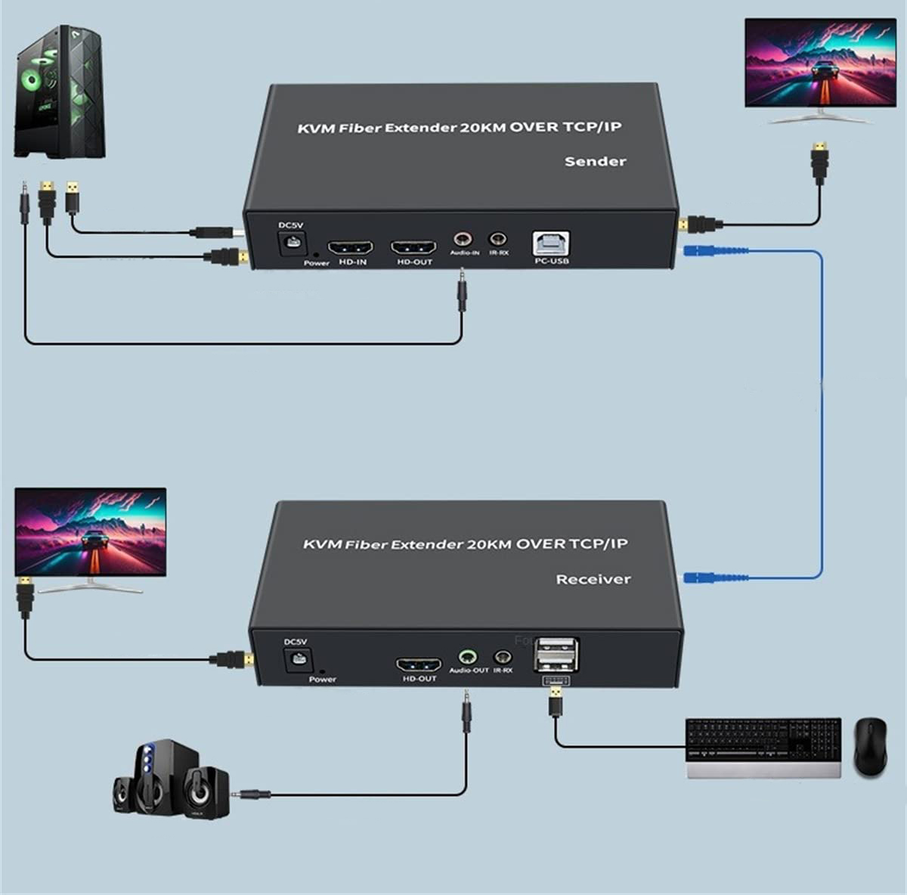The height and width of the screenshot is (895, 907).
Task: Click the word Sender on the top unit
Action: tap(595, 161)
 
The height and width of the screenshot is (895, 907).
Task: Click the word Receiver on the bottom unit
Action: tap(593, 579)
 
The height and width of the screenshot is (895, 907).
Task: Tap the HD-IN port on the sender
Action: tap(350, 247)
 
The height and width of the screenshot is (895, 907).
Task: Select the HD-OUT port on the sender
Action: tap(413, 247)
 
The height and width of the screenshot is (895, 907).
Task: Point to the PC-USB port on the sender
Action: tap(551, 243)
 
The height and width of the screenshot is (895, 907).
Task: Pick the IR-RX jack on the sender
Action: tap(497, 240)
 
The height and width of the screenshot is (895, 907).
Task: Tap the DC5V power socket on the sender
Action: tap(291, 243)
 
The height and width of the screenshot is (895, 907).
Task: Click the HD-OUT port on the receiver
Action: tap(419, 664)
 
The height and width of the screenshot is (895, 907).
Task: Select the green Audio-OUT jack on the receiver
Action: tap(468, 656)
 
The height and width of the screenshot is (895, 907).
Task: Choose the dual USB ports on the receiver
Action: tap(556, 655)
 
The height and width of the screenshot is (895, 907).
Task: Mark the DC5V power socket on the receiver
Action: tap(298, 659)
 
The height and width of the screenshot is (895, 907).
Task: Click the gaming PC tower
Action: tap(60, 91)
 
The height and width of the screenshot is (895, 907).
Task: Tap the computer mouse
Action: tap(870, 745)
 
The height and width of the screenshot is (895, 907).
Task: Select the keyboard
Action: tap(763, 746)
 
